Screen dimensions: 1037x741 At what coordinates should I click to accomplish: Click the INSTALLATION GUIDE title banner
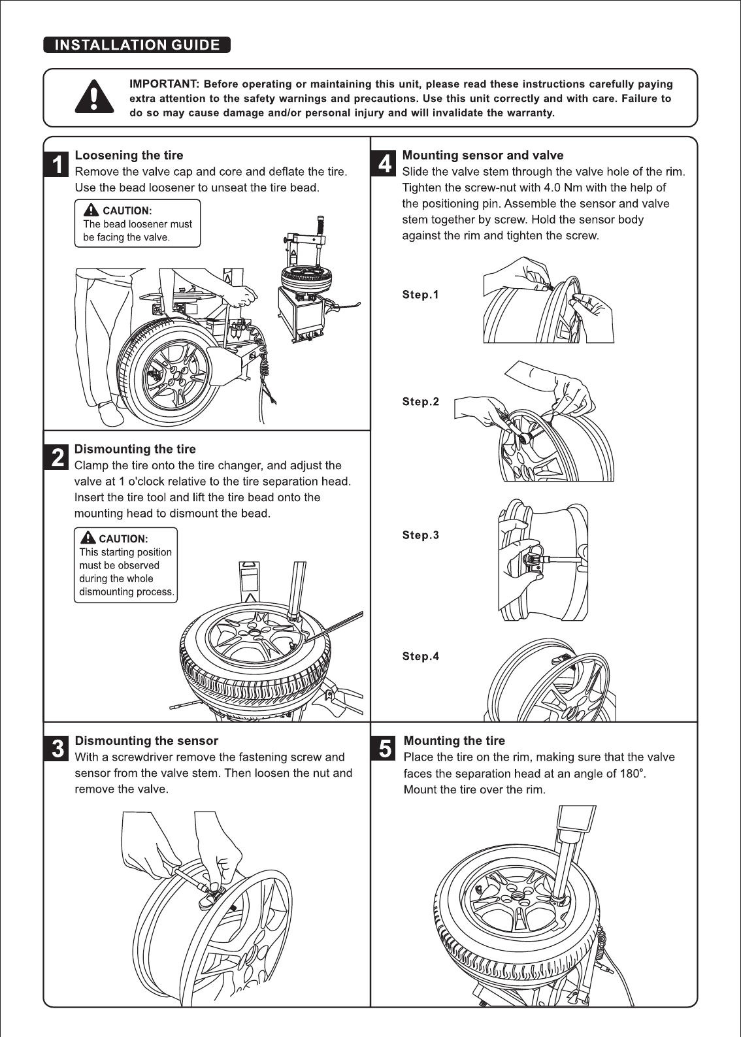coord(137,45)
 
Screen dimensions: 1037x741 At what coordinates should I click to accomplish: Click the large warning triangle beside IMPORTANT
coord(95,97)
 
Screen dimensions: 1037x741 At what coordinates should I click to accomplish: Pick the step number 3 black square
coord(58,749)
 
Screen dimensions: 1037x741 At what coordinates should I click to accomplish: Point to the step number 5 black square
coord(386,749)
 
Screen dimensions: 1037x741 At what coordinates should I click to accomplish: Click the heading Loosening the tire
coord(129,156)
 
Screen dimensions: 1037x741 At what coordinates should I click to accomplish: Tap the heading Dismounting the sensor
coord(146,741)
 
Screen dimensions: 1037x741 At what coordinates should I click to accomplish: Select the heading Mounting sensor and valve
coord(482,156)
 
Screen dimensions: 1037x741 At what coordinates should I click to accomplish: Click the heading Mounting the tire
coord(454,741)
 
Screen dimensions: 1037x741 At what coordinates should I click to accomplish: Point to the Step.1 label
coord(420,295)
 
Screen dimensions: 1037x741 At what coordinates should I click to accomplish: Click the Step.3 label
coord(420,535)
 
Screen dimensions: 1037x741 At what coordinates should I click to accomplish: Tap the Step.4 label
coord(420,657)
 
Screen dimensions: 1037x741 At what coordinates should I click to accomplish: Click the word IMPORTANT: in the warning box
coord(164,84)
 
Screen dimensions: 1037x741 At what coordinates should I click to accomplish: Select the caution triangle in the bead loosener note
coord(91,210)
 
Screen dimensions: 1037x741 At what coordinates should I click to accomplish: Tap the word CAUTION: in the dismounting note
coord(123,539)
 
